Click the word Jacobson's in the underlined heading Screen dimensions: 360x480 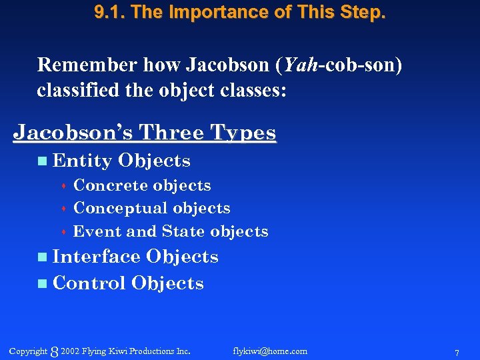[65, 132]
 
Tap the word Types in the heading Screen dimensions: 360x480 [243, 132]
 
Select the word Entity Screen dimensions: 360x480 [82, 161]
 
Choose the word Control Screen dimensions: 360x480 [89, 283]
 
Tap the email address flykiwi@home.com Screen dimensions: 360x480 [270, 351]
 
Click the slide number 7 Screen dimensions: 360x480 [456, 352]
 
